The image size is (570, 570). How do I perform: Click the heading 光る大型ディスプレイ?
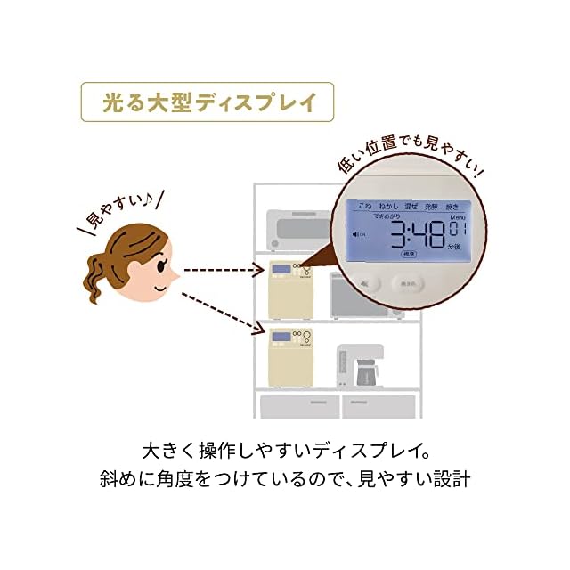click(208, 102)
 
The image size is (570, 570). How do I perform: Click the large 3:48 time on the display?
click(414, 240)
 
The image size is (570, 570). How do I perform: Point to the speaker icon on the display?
click(358, 235)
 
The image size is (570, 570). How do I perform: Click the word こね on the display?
click(364, 206)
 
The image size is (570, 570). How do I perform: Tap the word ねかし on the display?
click(389, 206)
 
